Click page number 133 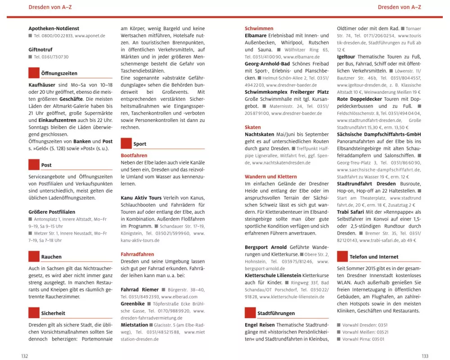pyautogui.click(x=425, y=356)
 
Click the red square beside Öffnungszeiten pyautogui.click(x=34, y=73)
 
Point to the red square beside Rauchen pyautogui.click(x=34, y=256)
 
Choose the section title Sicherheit pyautogui.click(x=53, y=313)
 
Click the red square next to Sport pyautogui.click(x=126, y=144)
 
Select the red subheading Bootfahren pyautogui.click(x=134, y=155)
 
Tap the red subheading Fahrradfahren pyautogui.click(x=137, y=254)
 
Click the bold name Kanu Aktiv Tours pyautogui.click(x=140, y=198)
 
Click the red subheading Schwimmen pyautogui.click(x=259, y=28)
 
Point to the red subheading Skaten pyautogui.click(x=253, y=127)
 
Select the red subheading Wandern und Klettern pyautogui.click(x=270, y=177)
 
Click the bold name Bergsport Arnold pyautogui.click(x=265, y=247)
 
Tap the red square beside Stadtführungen pyautogui.click(x=250, y=313)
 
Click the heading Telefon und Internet pyautogui.click(x=374, y=257)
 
